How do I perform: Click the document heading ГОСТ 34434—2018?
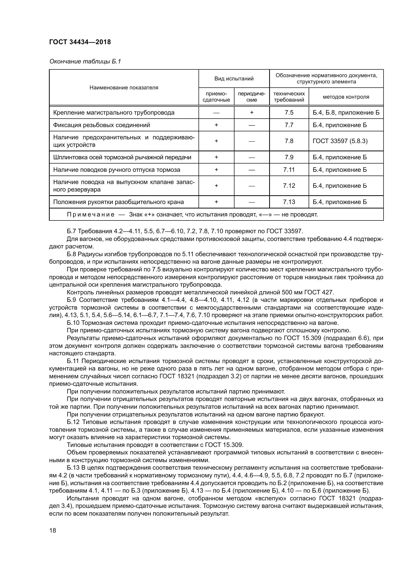point(80,42)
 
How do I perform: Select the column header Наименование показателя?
point(124,87)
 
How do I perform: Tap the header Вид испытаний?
point(234,79)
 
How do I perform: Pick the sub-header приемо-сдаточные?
point(216,97)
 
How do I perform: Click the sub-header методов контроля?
point(346,97)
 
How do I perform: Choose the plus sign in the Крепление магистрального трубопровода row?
point(251,112)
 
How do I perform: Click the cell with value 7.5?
point(289,112)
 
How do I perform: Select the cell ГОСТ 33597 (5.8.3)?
point(340,141)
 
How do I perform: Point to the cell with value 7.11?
point(289,170)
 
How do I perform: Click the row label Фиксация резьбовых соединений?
point(101,125)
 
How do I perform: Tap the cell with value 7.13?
point(289,202)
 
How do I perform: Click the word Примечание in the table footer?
point(91,214)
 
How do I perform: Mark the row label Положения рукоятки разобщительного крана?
point(118,202)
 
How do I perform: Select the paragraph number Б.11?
point(72,361)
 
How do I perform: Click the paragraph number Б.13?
point(73,467)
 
